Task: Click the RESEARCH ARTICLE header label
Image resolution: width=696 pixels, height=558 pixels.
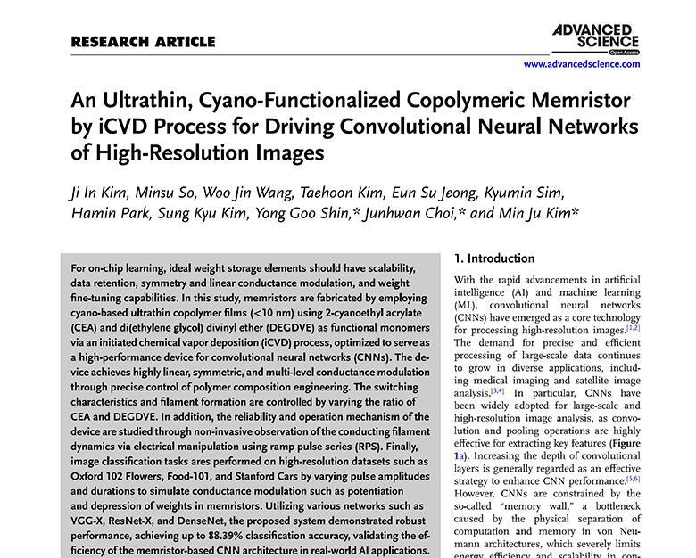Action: (143, 41)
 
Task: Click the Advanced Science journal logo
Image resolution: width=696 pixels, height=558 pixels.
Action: (596, 38)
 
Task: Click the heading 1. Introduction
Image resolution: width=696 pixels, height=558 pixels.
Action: (494, 258)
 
